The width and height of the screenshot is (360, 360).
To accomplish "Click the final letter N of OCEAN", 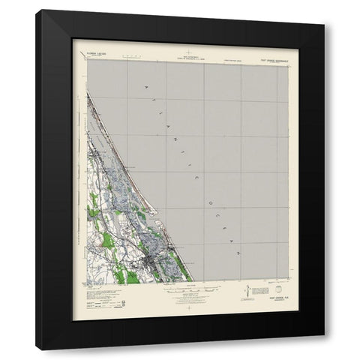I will (236, 253).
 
